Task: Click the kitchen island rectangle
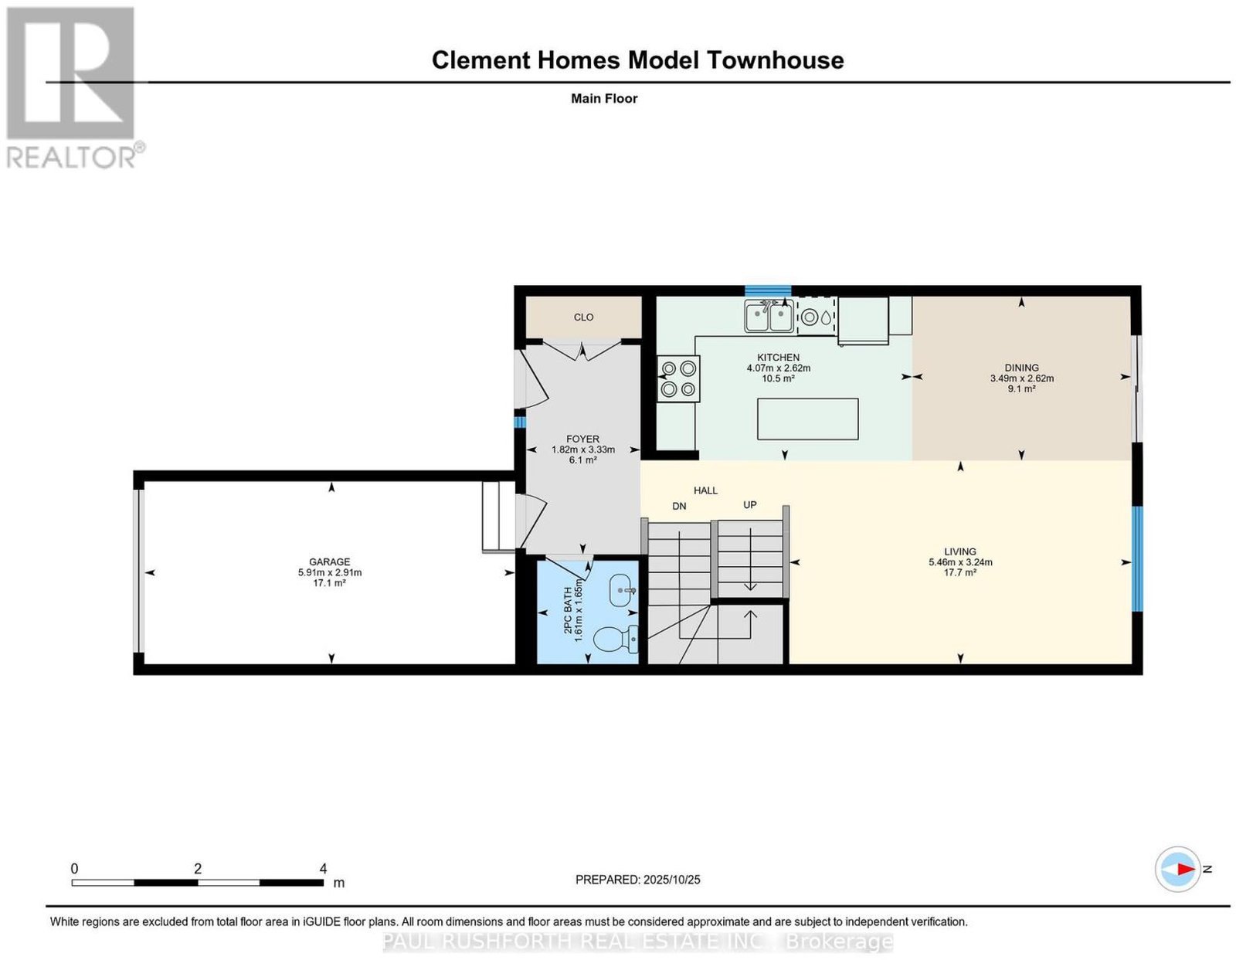click(x=807, y=419)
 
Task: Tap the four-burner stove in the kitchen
click(x=678, y=378)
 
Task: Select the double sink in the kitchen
click(x=769, y=317)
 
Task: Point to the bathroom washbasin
click(x=623, y=591)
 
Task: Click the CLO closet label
click(x=583, y=317)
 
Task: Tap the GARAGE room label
click(x=329, y=561)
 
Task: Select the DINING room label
click(x=1021, y=368)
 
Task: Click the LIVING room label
click(x=960, y=551)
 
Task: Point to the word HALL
click(x=705, y=490)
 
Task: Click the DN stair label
click(x=679, y=506)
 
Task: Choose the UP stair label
click(x=749, y=505)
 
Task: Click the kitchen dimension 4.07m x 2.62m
click(x=778, y=368)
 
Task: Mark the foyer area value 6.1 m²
click(x=582, y=460)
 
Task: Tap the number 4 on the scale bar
click(x=323, y=869)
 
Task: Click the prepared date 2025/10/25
click(x=671, y=880)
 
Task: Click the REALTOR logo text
click(x=71, y=158)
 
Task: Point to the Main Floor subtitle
click(x=604, y=98)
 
